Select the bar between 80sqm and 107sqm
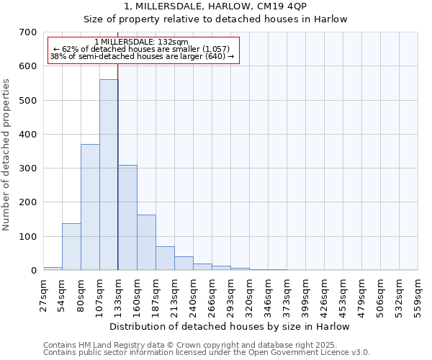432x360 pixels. (x=90, y=207)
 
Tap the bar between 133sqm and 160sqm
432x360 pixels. (x=127, y=217)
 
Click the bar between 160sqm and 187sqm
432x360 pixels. (x=146, y=243)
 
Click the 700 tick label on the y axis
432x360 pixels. (x=28, y=32)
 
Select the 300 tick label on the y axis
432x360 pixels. (x=28, y=168)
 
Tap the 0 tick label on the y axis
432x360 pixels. (x=33, y=271)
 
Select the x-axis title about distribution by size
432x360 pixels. (x=230, y=327)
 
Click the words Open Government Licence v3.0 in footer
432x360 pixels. (x=314, y=353)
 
